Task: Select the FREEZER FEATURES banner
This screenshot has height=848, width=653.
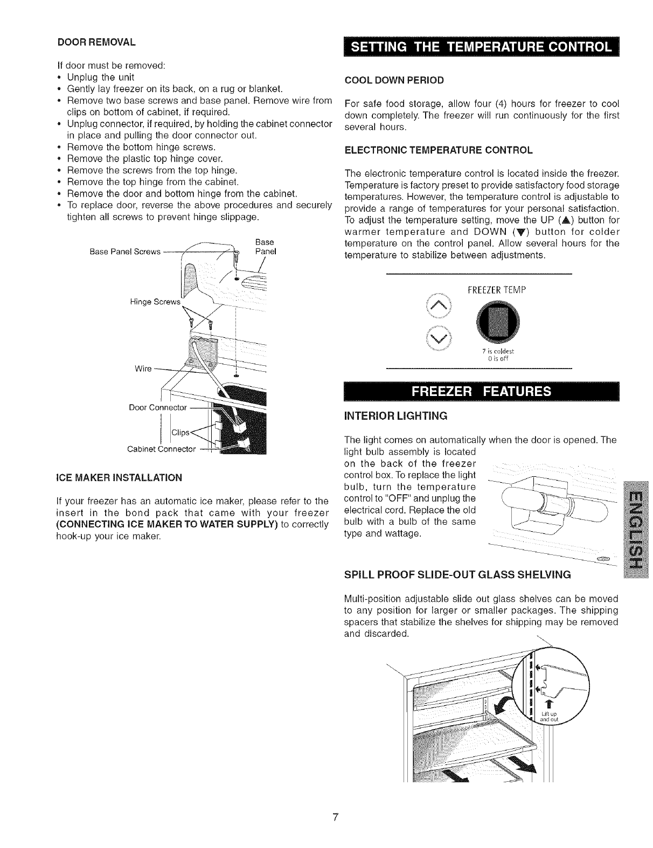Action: point(482,391)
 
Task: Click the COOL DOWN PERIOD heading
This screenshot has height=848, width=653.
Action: point(394,80)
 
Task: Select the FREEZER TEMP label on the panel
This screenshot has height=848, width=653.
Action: point(497,290)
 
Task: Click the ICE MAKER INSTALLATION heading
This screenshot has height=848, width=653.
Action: point(119,477)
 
